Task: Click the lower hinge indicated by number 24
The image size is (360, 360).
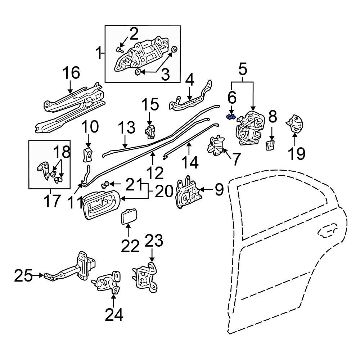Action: click(x=107, y=282)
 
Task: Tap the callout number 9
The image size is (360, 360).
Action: click(x=219, y=189)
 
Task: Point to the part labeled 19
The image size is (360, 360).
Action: click(x=295, y=123)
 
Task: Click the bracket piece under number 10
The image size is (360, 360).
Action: click(x=87, y=154)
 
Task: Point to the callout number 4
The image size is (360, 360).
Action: click(x=190, y=80)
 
